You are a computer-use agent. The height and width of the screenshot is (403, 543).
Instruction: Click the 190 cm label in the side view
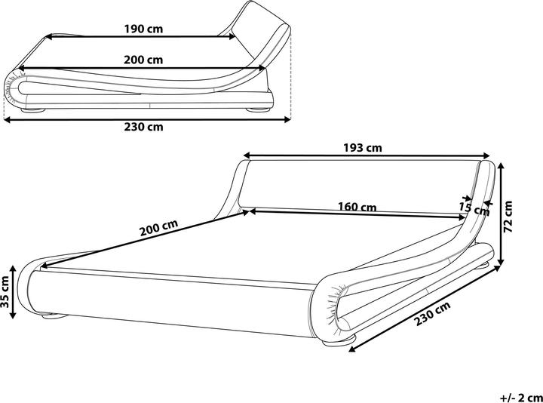[143, 29]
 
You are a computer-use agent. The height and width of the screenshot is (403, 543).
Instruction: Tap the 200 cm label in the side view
[143, 60]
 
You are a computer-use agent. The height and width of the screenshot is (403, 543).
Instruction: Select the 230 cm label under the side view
[144, 127]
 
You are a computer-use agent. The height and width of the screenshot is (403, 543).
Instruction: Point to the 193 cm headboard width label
[363, 148]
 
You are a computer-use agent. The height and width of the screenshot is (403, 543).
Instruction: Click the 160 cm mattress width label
[357, 207]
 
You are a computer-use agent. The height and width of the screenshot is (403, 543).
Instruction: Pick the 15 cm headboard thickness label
[474, 208]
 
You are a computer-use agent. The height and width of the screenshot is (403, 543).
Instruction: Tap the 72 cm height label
[508, 217]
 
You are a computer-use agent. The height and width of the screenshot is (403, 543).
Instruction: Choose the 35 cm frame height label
[5, 292]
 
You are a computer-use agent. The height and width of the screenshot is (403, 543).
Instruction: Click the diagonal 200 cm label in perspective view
[158, 228]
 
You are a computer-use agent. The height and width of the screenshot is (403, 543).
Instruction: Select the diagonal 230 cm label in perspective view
[433, 314]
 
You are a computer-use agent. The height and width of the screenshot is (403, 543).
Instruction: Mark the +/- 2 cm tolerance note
[521, 397]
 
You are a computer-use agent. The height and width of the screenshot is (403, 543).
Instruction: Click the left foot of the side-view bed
[33, 110]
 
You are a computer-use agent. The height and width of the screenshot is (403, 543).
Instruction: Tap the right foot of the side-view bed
[258, 109]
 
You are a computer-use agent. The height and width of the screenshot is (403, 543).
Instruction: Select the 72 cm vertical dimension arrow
[501, 213]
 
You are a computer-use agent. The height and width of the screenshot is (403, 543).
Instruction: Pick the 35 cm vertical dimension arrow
[13, 292]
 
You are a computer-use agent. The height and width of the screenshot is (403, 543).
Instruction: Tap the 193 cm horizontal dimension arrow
[367, 156]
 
